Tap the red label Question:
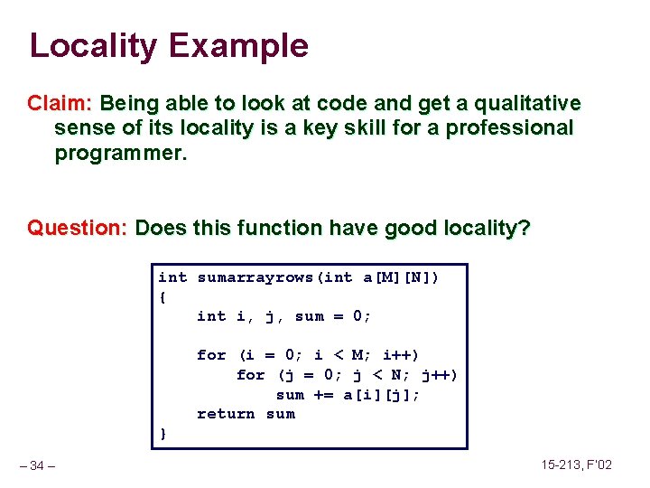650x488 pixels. [78, 228]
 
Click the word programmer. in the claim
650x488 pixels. [121, 153]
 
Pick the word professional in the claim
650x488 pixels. [508, 128]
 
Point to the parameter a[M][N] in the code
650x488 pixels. [397, 277]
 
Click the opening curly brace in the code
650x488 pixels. [162, 296]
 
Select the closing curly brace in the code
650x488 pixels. [162, 434]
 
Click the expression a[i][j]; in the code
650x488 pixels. [382, 395]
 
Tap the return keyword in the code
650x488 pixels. [226, 414]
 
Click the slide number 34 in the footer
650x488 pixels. [37, 465]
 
